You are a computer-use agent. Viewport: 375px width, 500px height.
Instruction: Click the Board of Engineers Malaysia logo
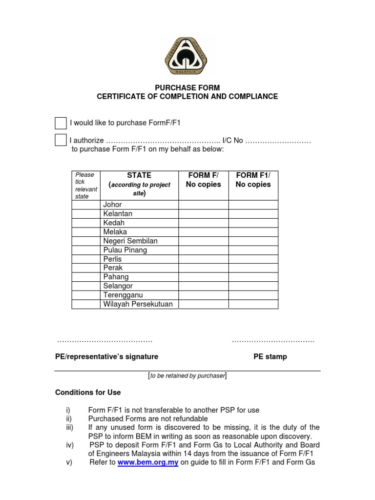click(186, 56)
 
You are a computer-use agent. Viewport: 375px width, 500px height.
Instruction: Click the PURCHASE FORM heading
click(187, 88)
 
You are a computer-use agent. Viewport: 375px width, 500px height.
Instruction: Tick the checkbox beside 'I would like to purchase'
click(61, 123)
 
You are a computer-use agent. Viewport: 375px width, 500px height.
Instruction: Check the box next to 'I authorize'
click(61, 140)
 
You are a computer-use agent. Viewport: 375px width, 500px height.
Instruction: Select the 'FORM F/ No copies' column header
click(203, 180)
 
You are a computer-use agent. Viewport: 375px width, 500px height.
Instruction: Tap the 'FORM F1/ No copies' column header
click(253, 180)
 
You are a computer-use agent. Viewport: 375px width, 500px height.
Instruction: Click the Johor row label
click(112, 205)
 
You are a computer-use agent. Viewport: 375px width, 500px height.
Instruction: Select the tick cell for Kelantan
click(86, 214)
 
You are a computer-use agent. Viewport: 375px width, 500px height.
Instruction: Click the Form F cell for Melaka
click(203, 232)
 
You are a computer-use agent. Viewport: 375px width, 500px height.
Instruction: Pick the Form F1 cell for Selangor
click(253, 286)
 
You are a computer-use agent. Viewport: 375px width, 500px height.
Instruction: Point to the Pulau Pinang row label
click(125, 250)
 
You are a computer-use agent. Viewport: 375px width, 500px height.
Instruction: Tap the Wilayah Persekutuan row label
click(138, 304)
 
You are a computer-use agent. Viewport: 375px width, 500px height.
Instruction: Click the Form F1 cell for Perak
click(253, 268)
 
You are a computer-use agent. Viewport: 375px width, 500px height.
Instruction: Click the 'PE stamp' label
click(270, 356)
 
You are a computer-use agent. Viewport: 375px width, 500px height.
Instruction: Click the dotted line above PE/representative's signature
click(105, 341)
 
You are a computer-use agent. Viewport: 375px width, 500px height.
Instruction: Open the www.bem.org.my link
click(148, 462)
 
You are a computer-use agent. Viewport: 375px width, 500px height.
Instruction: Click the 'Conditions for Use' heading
click(88, 393)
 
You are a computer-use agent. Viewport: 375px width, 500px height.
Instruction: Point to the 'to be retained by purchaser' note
click(187, 375)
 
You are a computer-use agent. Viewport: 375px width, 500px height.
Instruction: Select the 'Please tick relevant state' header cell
click(86, 185)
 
